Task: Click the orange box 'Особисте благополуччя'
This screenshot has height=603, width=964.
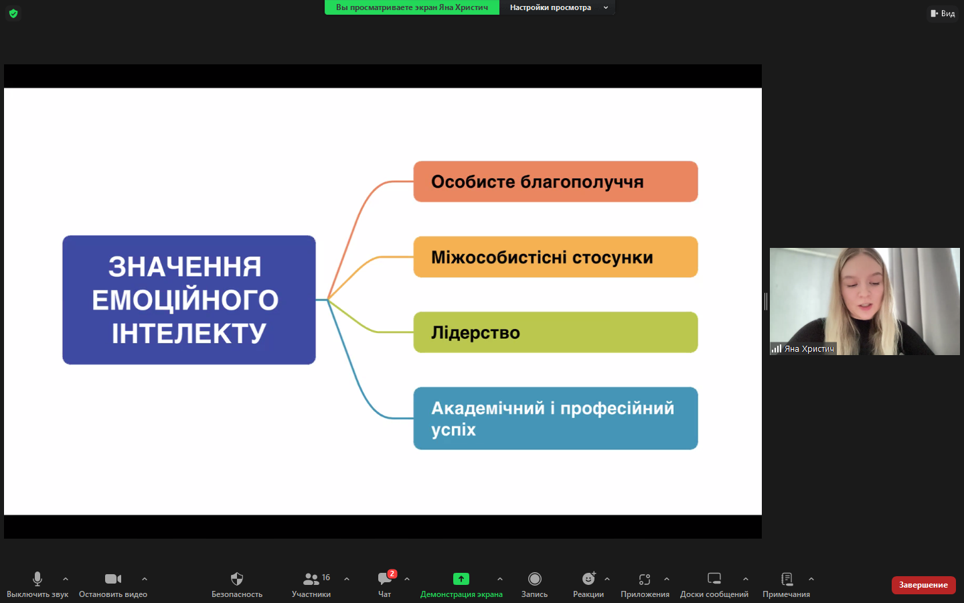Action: pyautogui.click(x=555, y=182)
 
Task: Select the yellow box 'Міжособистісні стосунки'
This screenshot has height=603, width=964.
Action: pyautogui.click(x=555, y=257)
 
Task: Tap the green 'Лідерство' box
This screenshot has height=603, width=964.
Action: pyautogui.click(x=555, y=332)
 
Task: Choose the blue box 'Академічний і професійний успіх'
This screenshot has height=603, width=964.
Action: pyautogui.click(x=555, y=418)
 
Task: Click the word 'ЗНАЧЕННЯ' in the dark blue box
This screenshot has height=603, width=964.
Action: pyautogui.click(x=185, y=267)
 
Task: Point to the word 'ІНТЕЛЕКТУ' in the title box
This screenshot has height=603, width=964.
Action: pyautogui.click(x=189, y=333)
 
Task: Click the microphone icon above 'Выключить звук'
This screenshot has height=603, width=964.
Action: pyautogui.click(x=37, y=579)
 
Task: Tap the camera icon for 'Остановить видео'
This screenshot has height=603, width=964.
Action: pyautogui.click(x=112, y=579)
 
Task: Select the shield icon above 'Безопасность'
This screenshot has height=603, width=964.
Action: pyautogui.click(x=237, y=579)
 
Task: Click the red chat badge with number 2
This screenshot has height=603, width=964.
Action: pyautogui.click(x=392, y=574)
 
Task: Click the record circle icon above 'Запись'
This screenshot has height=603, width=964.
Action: pyautogui.click(x=534, y=579)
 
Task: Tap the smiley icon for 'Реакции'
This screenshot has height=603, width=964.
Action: pyautogui.click(x=588, y=579)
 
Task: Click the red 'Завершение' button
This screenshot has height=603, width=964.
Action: pyautogui.click(x=923, y=585)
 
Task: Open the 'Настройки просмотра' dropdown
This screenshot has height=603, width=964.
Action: pyautogui.click(x=557, y=7)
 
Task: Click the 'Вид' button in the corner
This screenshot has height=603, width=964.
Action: pyautogui.click(x=943, y=13)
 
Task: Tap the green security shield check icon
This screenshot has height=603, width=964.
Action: pyautogui.click(x=13, y=13)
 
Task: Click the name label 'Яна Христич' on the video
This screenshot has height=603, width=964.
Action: pyautogui.click(x=809, y=349)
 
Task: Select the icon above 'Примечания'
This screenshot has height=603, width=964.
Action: pyautogui.click(x=787, y=579)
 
